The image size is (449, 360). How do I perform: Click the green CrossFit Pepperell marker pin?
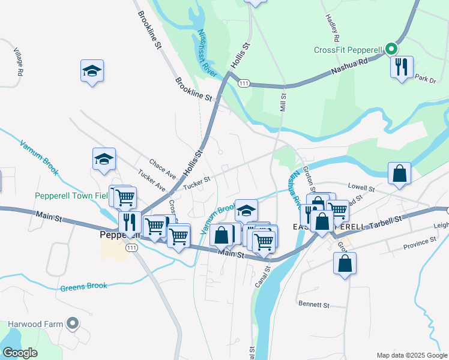click(391, 49)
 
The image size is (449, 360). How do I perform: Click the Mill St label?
click(283, 100)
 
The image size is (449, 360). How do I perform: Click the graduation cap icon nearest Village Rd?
click(92, 71)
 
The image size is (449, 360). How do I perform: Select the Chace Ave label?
click(163, 169)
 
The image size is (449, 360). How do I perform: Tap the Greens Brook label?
click(83, 287)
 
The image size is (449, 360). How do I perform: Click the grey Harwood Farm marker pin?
click(73, 324)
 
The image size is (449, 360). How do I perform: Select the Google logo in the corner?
click(20, 353)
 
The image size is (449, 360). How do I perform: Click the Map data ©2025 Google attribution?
click(411, 355)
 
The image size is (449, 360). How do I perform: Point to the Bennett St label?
click(314, 305)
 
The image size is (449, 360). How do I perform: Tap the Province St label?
click(420, 241)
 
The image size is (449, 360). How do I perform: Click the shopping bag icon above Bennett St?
click(345, 263)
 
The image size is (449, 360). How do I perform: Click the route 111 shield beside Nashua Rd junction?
click(243, 82)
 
